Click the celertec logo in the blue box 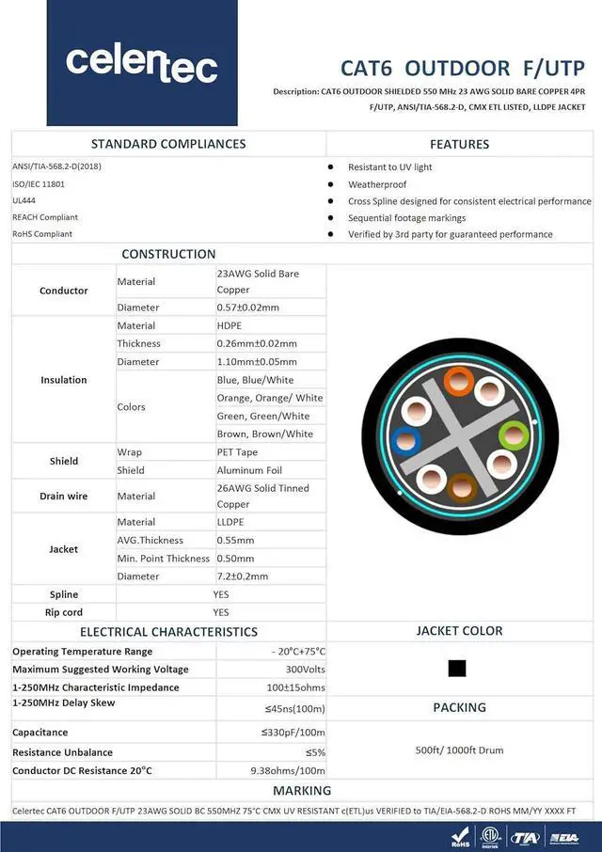pyautogui.click(x=142, y=63)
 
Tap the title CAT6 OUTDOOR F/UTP pyautogui.click(x=462, y=69)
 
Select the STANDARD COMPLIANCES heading pyautogui.click(x=168, y=144)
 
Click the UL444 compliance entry pyautogui.click(x=25, y=200)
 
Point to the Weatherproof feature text pyautogui.click(x=377, y=184)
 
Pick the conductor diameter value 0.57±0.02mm pyautogui.click(x=248, y=308)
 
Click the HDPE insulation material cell pyautogui.click(x=230, y=325)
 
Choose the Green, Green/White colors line pyautogui.click(x=262, y=416)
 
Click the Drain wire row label pyautogui.click(x=63, y=496)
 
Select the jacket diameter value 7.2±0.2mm pyautogui.click(x=243, y=576)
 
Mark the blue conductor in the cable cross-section pyautogui.click(x=405, y=439)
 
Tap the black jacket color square pyautogui.click(x=457, y=669)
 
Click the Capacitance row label pyautogui.click(x=40, y=732)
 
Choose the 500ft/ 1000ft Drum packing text pyautogui.click(x=459, y=750)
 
